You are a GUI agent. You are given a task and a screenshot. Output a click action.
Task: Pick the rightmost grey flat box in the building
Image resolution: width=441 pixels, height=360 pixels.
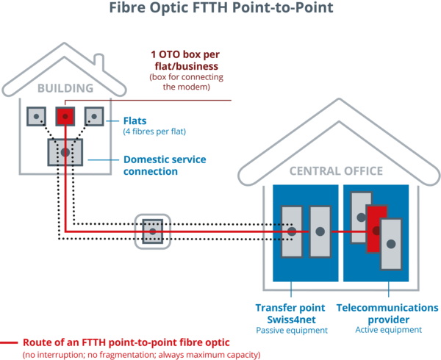point(93,115)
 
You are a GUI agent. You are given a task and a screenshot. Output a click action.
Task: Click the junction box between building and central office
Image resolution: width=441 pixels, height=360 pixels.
point(152,230)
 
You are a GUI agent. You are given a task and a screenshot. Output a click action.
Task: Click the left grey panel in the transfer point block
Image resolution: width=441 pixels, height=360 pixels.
point(292,231)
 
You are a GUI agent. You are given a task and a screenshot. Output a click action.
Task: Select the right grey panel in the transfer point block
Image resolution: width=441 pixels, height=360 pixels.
point(320,231)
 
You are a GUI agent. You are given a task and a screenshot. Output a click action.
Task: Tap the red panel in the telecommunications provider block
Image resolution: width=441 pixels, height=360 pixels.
point(376,230)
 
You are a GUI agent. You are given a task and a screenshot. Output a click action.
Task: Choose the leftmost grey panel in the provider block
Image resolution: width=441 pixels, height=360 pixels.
point(360,217)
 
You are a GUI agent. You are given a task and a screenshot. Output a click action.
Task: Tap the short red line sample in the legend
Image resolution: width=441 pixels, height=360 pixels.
point(10,342)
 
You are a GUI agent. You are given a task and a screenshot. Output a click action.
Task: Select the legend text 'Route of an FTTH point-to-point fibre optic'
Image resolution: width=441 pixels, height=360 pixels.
point(126,342)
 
